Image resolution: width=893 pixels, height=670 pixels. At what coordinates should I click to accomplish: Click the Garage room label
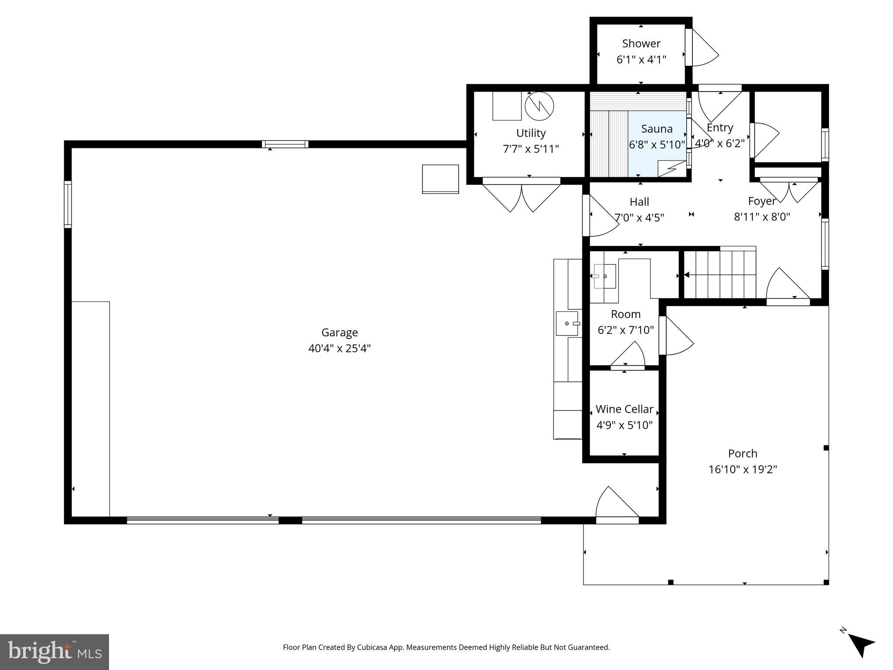pyautogui.click(x=339, y=332)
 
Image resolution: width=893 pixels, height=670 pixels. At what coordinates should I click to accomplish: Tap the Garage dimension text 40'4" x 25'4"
pyautogui.click(x=339, y=349)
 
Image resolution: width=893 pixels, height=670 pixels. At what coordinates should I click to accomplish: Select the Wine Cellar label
pyautogui.click(x=624, y=409)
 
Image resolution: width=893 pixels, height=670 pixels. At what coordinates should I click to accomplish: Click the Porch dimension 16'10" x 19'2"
pyautogui.click(x=743, y=469)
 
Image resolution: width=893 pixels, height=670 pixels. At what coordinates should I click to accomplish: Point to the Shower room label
pyautogui.click(x=641, y=44)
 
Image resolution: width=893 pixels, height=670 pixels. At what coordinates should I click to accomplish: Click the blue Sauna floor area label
pyautogui.click(x=657, y=129)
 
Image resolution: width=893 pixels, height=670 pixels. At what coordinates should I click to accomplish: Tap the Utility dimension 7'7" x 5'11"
pyautogui.click(x=531, y=149)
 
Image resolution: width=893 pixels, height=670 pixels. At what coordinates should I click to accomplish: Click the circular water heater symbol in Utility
pyautogui.click(x=539, y=106)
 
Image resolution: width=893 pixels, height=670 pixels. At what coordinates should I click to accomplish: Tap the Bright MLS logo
pyautogui.click(x=55, y=652)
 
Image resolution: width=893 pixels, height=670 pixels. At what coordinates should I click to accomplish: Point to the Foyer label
pyautogui.click(x=762, y=201)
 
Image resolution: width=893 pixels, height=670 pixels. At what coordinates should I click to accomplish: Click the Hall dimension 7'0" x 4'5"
pyautogui.click(x=639, y=217)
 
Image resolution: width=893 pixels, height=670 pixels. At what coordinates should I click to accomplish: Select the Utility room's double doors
pyautogui.click(x=521, y=196)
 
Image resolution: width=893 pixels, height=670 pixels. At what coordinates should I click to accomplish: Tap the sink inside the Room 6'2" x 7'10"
pyautogui.click(x=604, y=276)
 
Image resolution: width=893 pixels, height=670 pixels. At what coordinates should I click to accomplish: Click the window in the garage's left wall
pyautogui.click(x=68, y=204)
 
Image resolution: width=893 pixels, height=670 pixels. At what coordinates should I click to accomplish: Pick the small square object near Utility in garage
pyautogui.click(x=440, y=179)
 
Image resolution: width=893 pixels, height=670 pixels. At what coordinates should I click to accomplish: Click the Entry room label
pyautogui.click(x=719, y=128)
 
